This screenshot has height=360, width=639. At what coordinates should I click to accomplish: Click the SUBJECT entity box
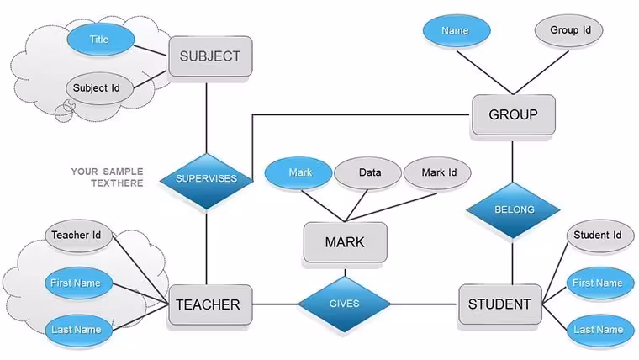pos(210,56)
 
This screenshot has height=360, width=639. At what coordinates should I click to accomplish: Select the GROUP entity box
pos(514,114)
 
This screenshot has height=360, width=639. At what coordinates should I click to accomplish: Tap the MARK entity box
pos(346,242)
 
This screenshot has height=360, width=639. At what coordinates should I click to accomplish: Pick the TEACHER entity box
pos(210,304)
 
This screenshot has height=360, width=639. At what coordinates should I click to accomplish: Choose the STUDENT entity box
pos(500,304)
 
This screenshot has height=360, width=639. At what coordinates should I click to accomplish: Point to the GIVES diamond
pos(345,304)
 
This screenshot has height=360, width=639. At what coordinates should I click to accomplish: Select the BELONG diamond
pos(513,209)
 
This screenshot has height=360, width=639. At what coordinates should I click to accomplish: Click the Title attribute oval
pos(100,40)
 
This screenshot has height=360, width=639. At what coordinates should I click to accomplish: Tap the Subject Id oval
pos(99,88)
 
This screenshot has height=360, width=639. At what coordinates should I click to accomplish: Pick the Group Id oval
pos(568,30)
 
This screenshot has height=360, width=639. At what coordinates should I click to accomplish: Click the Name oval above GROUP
pos(457,30)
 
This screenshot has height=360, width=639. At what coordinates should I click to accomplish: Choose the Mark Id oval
pos(437,173)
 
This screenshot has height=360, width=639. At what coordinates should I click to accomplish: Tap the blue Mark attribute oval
pos(298,173)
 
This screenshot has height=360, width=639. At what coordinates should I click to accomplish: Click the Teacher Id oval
pos(78,236)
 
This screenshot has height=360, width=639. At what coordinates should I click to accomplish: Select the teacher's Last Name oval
pos(78,330)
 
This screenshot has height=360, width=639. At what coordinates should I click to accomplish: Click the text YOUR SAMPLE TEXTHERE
pos(107,177)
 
